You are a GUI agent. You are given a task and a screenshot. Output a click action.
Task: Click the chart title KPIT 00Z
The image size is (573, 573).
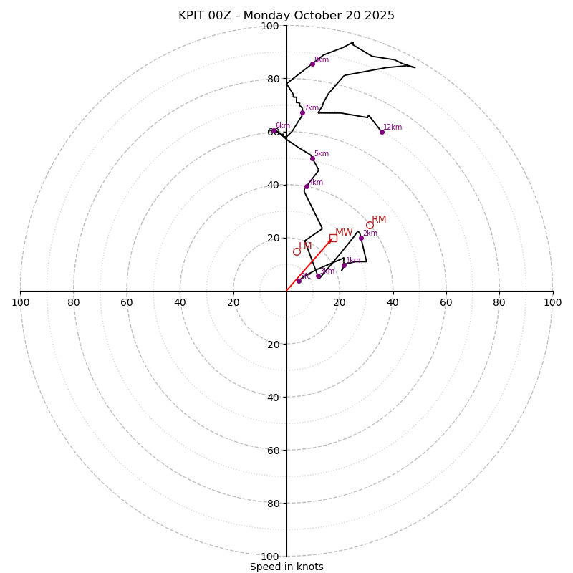click(286, 16)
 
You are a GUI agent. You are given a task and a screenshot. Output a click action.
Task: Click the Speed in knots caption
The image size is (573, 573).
click(286, 567)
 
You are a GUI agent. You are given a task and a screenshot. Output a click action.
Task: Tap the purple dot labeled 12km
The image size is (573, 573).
click(382, 132)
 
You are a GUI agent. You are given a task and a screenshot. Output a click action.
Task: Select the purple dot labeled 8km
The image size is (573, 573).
click(312, 64)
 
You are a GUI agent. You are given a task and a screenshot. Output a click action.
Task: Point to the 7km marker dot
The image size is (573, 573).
click(302, 112)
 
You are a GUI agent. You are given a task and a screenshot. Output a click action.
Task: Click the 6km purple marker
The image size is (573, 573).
click(274, 131)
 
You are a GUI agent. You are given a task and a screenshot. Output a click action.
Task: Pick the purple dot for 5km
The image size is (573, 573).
click(312, 158)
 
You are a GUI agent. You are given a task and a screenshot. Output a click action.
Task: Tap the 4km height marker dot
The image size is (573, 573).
click(307, 186)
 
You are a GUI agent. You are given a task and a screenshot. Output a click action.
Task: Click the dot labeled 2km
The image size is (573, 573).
click(361, 238)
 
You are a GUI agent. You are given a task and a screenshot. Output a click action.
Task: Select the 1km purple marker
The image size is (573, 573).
click(344, 265)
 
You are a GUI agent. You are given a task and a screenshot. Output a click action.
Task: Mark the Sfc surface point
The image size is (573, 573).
click(299, 281)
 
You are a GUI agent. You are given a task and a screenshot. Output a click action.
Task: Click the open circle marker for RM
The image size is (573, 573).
click(370, 225)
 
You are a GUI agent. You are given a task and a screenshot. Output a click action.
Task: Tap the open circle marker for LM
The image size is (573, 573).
click(297, 251)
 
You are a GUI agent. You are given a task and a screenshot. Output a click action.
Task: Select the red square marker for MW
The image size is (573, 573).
click(333, 238)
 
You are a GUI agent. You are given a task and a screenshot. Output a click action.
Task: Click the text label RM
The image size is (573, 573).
click(379, 220)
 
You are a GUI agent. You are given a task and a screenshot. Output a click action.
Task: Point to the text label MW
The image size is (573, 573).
click(344, 233)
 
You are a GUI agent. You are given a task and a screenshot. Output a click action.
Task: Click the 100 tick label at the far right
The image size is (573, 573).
click(553, 302)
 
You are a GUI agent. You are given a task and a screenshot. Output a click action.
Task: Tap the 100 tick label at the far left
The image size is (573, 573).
click(20, 302)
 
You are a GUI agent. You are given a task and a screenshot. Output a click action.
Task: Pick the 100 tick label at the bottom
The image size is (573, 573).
click(270, 557)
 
